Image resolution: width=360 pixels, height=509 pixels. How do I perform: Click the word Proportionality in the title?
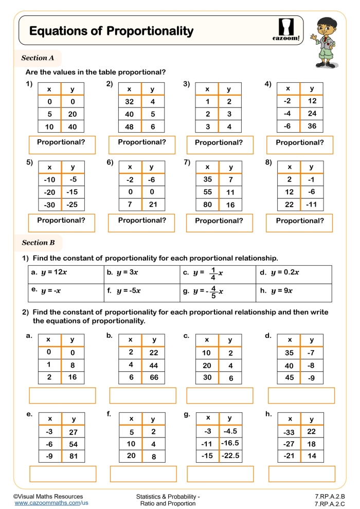[x=150, y=31]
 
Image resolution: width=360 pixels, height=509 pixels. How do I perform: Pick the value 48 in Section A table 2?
[x=130, y=126]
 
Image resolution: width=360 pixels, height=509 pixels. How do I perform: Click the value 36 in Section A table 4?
[x=312, y=126]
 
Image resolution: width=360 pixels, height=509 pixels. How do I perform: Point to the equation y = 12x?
[x=49, y=272]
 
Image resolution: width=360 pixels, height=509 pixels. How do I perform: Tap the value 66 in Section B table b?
[x=153, y=377]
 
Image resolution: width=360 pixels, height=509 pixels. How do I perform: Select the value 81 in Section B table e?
[x=73, y=456]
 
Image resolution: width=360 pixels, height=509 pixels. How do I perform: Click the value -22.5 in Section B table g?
[x=230, y=456]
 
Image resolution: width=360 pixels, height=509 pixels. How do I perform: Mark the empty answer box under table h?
[x=301, y=474]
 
